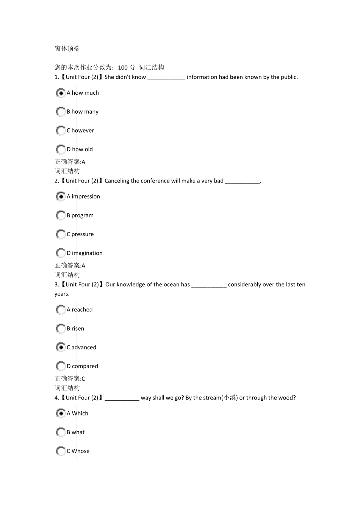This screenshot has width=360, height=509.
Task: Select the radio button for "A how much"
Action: (61, 93)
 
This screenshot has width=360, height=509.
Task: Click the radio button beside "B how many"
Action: (61, 112)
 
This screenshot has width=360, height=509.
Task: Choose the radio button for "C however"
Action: (61, 131)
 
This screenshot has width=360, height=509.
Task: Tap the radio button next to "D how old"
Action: (61, 149)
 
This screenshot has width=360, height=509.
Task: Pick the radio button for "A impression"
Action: (61, 197)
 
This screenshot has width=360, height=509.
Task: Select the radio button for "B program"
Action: (61, 215)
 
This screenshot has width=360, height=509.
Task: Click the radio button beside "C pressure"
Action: (61, 234)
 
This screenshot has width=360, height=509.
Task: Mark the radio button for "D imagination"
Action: (61, 253)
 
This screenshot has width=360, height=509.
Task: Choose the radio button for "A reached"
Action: (61, 310)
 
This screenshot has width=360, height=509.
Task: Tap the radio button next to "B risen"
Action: (61, 328)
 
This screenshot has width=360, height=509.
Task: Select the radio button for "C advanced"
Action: (61, 347)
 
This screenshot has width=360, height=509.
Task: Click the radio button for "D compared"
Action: (61, 366)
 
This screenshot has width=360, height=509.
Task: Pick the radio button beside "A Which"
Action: (61, 413)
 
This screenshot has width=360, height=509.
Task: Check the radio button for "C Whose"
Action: (61, 451)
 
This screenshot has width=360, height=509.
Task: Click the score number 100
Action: (123, 68)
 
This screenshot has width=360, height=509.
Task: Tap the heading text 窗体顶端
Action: (67, 48)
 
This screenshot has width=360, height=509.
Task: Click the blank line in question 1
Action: (166, 78)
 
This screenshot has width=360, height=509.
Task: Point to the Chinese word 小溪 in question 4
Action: (230, 398)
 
